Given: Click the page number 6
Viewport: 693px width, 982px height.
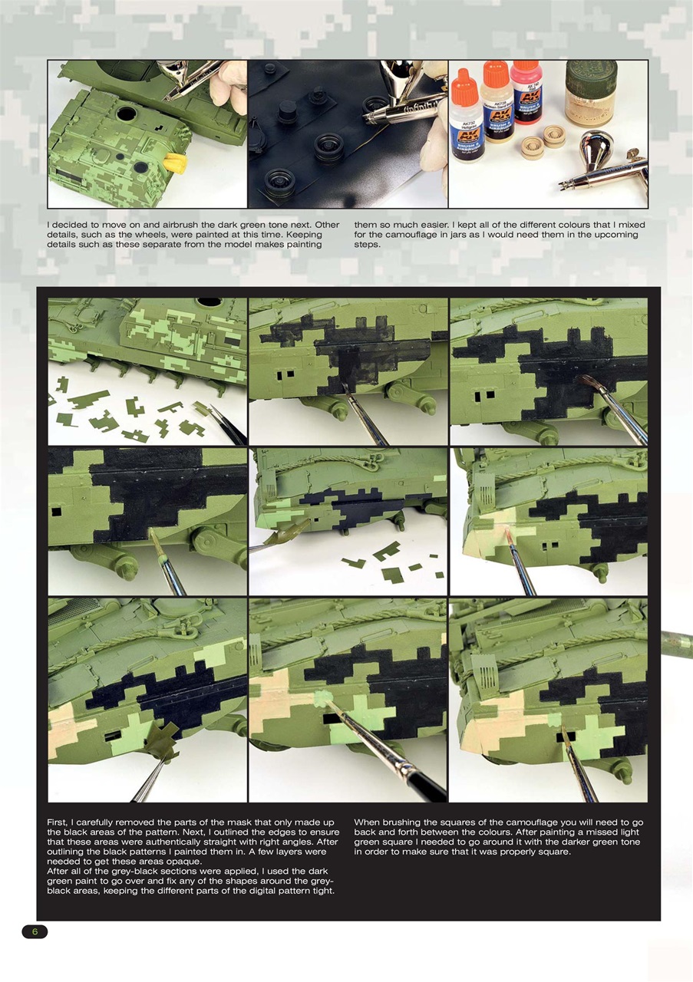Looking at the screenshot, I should (x=34, y=931).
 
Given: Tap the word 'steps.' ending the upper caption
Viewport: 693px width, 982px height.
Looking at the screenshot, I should (x=367, y=245).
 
